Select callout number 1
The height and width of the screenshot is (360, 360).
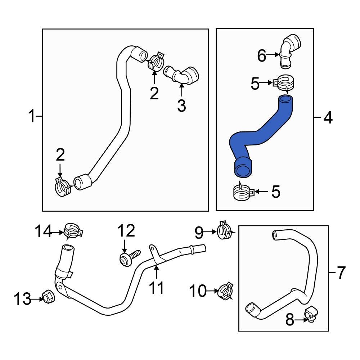point(32,116)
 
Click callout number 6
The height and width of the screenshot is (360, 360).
point(262,56)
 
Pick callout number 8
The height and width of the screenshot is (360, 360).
point(290,320)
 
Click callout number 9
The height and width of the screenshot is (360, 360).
point(199,233)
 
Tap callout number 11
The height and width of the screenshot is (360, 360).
point(157,288)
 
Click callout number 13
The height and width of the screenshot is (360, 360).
point(23,299)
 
